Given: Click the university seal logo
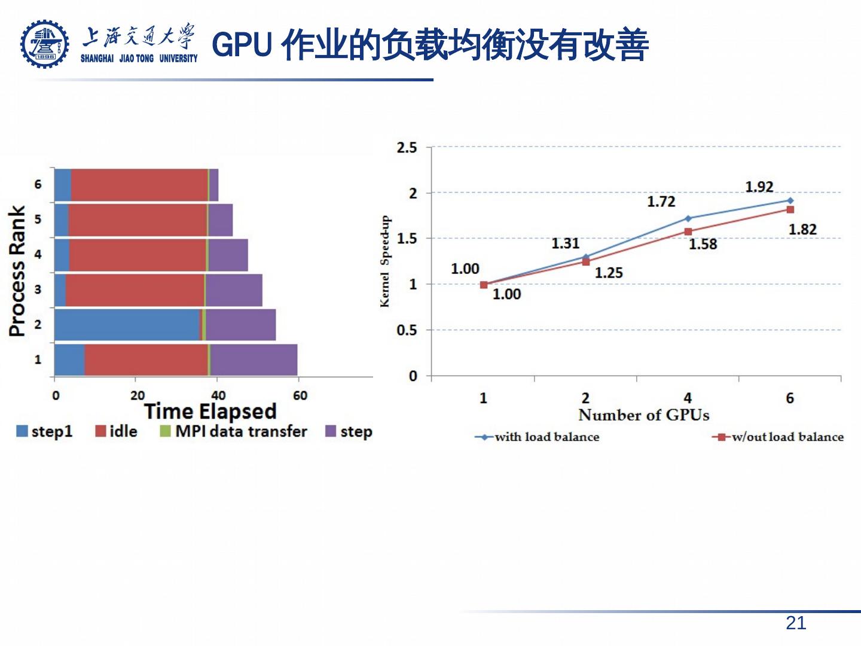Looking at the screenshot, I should [x=44, y=44].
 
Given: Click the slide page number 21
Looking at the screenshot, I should [x=795, y=623].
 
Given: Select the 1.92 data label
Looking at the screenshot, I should [x=759, y=187].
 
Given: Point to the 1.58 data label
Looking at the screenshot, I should [x=703, y=244].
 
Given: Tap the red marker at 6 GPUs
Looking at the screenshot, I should [x=790, y=209].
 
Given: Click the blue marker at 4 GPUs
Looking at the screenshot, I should [x=688, y=218].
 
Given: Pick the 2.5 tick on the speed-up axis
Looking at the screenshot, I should [x=407, y=148].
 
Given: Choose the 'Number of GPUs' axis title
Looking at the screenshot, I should [x=643, y=415].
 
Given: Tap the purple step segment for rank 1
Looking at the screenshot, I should [x=254, y=359].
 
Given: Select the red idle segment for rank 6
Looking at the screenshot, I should [x=139, y=185].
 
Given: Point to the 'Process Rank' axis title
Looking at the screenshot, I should [x=17, y=271].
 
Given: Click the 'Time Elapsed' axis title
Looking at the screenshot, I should [x=210, y=412].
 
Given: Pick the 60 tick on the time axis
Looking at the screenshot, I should [x=300, y=395].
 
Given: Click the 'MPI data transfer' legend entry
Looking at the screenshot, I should [x=234, y=431].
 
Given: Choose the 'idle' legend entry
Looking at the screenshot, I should [x=117, y=431].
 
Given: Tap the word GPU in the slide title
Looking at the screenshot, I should [x=242, y=45].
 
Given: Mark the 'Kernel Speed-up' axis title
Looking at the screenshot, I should [x=385, y=261].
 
